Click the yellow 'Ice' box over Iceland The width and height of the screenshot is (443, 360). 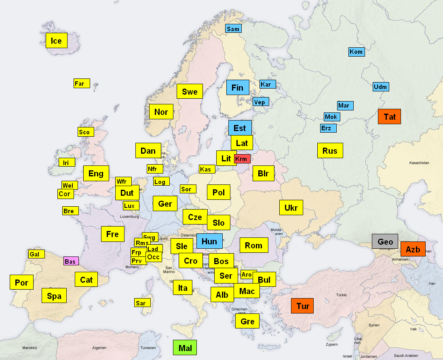click(x=56, y=41)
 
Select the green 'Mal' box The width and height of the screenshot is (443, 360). click(x=185, y=348)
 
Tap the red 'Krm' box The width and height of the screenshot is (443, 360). click(x=242, y=159)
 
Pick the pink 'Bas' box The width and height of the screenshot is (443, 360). click(x=71, y=261)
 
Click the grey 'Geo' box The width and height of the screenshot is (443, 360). click(x=385, y=241)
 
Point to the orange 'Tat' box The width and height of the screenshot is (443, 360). click(x=390, y=116)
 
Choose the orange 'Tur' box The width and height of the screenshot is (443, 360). click(x=303, y=306)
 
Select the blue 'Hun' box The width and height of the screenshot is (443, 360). click(x=209, y=241)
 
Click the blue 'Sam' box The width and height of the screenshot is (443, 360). click(x=233, y=29)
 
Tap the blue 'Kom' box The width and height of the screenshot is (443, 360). click(x=357, y=52)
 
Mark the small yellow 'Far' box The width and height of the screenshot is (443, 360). click(x=82, y=83)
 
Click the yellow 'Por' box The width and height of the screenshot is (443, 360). click(x=21, y=282)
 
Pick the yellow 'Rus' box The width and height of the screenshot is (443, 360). click(x=330, y=151)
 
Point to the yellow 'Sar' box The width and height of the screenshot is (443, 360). click(x=142, y=303)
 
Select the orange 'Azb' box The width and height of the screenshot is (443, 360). click(x=413, y=249)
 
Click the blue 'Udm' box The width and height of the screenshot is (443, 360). click(x=381, y=87)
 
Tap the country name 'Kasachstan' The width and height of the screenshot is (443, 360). click(x=419, y=163)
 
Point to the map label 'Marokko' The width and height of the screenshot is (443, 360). click(x=30, y=347)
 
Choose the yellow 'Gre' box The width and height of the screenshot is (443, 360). click(x=247, y=321)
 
